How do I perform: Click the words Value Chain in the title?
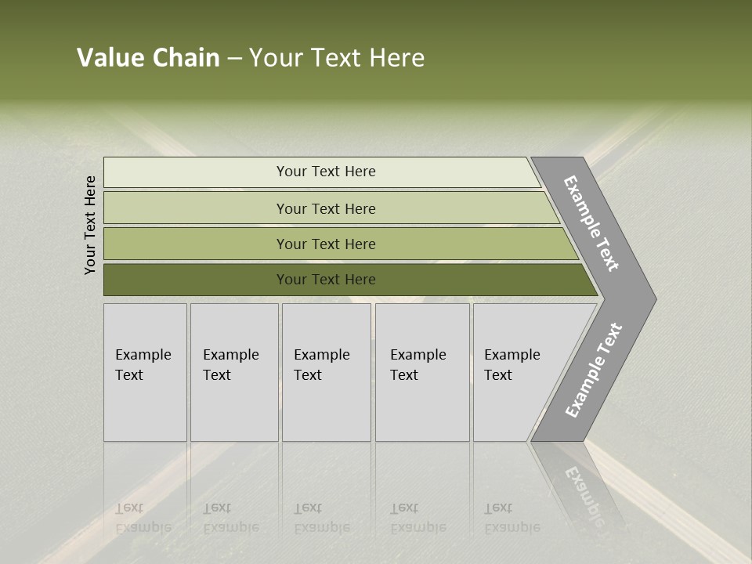coord(148,58)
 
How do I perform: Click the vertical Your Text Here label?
coord(90,225)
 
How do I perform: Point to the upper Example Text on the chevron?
coord(591,223)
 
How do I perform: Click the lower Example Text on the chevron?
coord(593,371)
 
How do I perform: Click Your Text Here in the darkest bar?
coord(326,280)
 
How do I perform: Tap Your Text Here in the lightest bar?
coord(326,172)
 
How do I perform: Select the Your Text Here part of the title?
coord(337,58)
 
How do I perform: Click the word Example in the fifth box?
coord(512,355)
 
